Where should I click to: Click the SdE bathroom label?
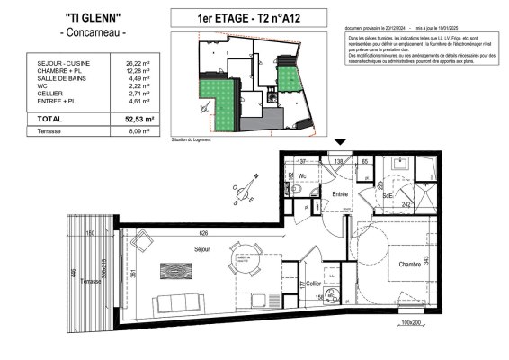pos(388,195)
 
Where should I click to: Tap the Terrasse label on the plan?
pos(86,282)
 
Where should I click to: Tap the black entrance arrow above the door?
pos(340,143)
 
